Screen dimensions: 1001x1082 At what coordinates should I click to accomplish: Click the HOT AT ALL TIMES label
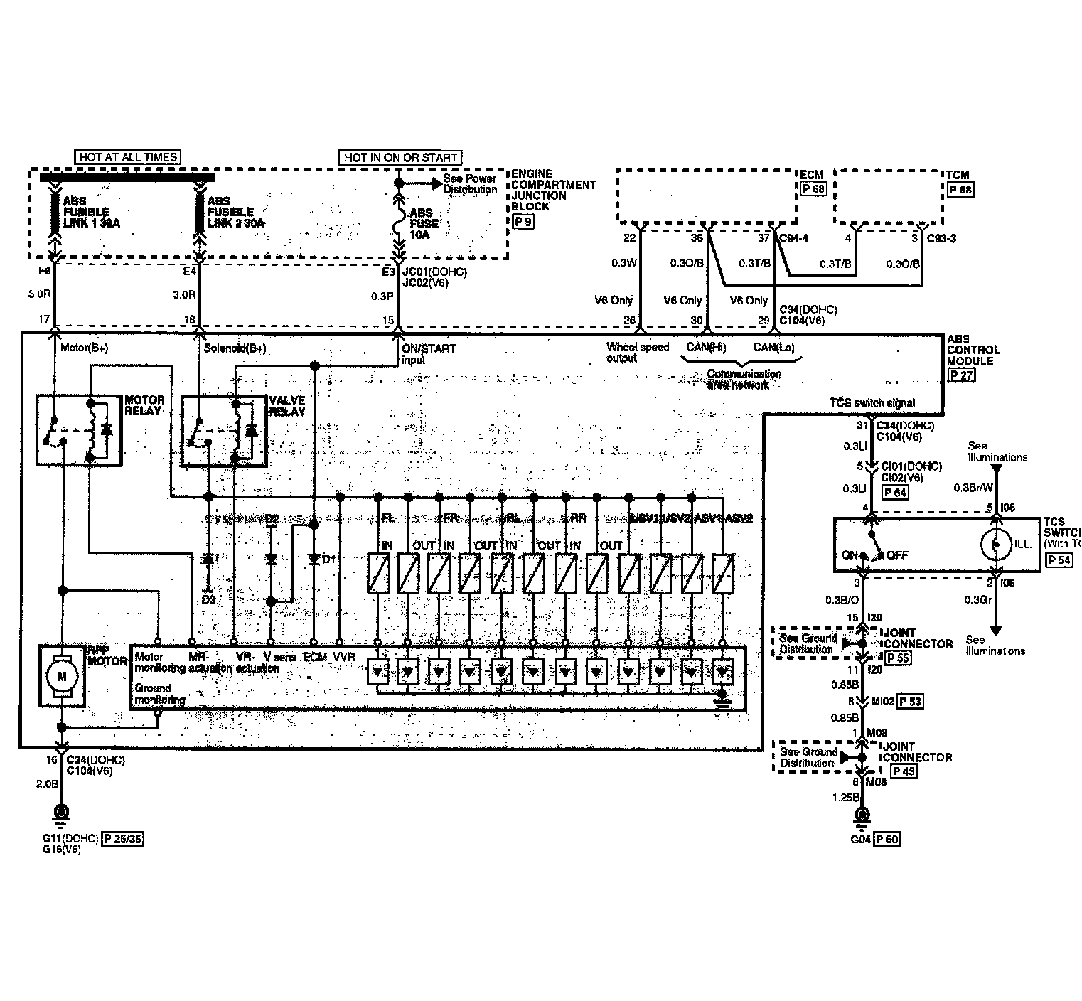(x=128, y=156)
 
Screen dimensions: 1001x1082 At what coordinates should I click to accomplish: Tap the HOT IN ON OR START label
(x=401, y=157)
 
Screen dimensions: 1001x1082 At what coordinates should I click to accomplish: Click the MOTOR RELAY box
(x=80, y=431)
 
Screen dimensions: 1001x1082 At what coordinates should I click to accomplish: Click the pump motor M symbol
(x=62, y=675)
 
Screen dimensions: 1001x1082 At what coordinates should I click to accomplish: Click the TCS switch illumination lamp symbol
(x=997, y=544)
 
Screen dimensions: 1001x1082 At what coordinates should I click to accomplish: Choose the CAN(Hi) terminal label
(x=705, y=348)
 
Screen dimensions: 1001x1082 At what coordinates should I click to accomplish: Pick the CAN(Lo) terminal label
(x=773, y=348)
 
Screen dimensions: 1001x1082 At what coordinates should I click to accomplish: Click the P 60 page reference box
(x=887, y=840)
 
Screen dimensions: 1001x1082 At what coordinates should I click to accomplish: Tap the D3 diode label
(x=208, y=599)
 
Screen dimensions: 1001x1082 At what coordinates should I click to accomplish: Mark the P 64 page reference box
(x=894, y=492)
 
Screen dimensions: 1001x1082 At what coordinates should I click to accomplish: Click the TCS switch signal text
(x=872, y=403)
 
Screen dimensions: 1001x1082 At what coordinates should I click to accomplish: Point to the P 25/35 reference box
(x=122, y=838)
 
